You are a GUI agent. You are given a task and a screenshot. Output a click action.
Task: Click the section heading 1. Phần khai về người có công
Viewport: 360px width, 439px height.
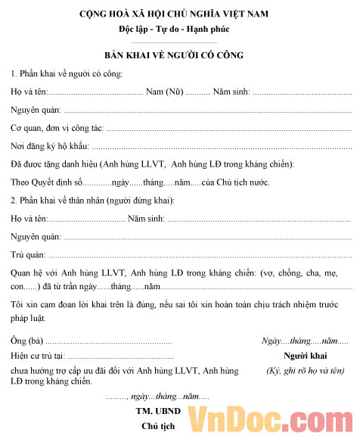pyautogui.click(x=67, y=73)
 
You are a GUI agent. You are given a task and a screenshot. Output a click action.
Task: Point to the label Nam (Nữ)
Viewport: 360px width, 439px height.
pyautogui.click(x=164, y=92)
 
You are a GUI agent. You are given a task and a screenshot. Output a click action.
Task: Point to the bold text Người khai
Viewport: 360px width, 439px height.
pyautogui.click(x=305, y=356)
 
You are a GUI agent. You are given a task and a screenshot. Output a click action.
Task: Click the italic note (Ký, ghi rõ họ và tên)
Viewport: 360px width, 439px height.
pyautogui.click(x=305, y=371)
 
